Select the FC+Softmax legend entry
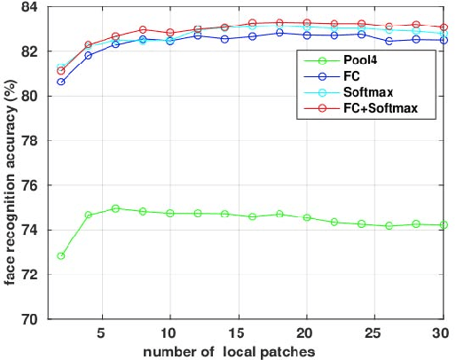pos(380,108)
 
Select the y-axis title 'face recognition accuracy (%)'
pos(10,164)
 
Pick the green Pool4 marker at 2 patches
pos(60,255)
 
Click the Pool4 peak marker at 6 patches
pos(115,208)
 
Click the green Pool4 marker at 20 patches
pos(306,217)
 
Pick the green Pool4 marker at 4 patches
pos(88,215)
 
